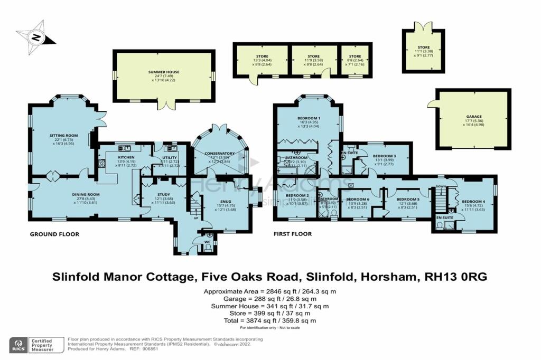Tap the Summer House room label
point(164,72)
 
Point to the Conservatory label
point(219,154)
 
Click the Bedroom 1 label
point(308,118)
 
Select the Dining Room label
point(86,194)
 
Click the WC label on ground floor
point(209,243)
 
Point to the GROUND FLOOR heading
point(55,234)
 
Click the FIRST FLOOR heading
point(293,234)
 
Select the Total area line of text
point(270,320)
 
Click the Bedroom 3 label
point(384,156)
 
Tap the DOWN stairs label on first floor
point(440,186)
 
